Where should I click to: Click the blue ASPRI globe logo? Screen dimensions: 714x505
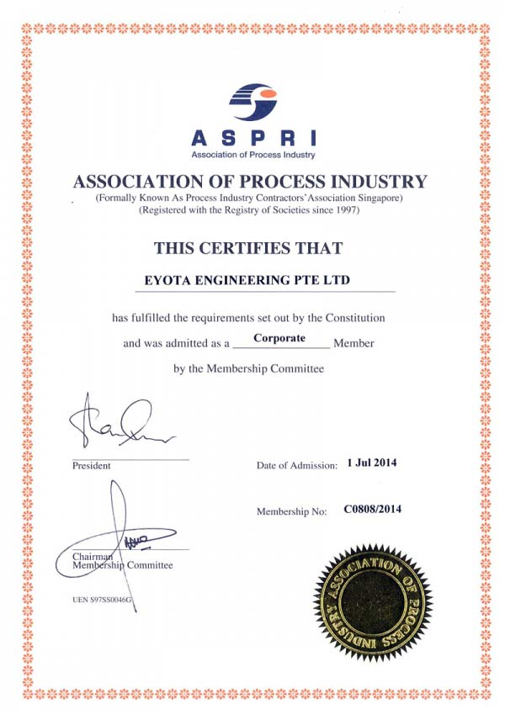252,103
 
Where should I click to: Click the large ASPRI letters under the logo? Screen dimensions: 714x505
252,139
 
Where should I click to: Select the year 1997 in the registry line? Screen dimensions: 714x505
347,209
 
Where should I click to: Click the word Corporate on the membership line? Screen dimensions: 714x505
279,338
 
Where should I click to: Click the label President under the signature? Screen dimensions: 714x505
91,465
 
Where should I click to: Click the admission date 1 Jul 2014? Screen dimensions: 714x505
371,463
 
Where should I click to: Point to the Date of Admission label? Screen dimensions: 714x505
296,464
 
